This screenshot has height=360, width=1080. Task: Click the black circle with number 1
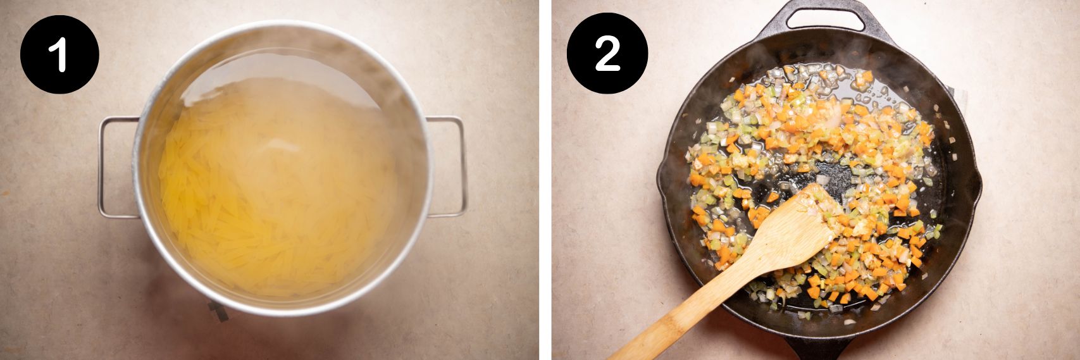click(x=59, y=54)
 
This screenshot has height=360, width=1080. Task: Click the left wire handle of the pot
click(x=101, y=168)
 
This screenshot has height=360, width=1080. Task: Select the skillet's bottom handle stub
click(x=816, y=348)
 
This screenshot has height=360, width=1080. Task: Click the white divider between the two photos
click(x=545, y=180)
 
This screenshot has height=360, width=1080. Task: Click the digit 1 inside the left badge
click(x=60, y=54)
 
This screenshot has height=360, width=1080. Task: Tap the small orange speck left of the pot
click(x=5, y=190)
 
